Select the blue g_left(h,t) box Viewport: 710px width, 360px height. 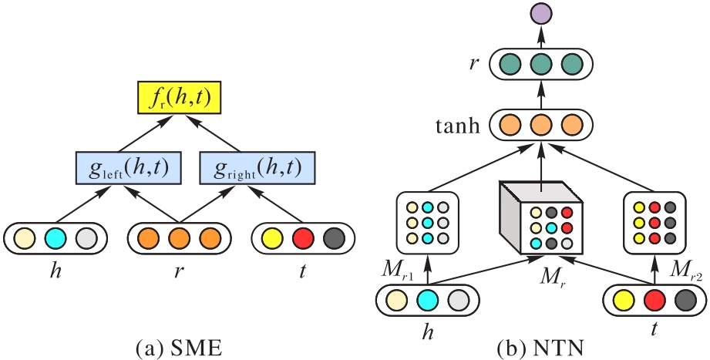[x=128, y=168]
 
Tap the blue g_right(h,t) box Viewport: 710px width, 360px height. [x=257, y=168]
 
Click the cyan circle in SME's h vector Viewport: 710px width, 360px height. [x=56, y=238]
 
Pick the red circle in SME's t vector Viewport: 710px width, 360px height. [x=303, y=238]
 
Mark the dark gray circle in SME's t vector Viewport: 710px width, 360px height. [x=334, y=238]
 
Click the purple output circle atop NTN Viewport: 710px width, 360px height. [x=540, y=15]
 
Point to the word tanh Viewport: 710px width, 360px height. [x=458, y=126]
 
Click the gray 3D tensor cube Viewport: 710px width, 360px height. [x=540, y=218]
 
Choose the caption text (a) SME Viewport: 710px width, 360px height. [x=180, y=348]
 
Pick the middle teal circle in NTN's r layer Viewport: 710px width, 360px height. [x=540, y=65]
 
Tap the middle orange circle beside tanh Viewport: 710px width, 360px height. [x=540, y=126]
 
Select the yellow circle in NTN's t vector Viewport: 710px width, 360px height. [x=624, y=301]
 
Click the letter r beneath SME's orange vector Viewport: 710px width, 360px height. [x=180, y=271]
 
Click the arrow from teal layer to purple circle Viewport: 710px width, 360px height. [x=540, y=38]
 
